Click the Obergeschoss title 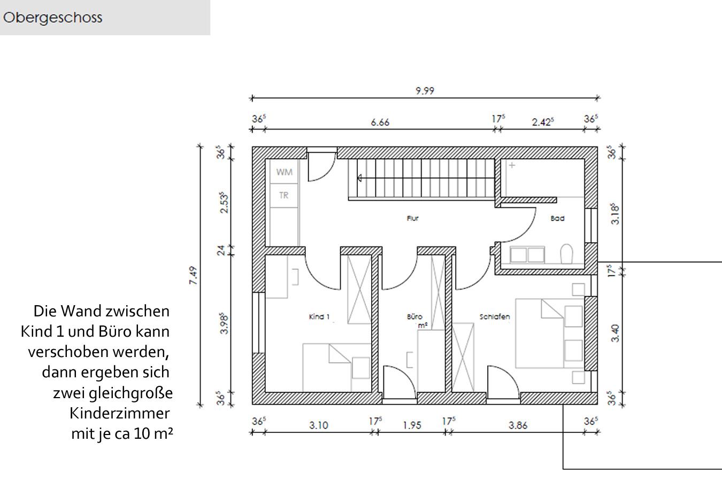[52, 18]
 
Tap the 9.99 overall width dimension [425, 91]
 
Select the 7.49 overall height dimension [193, 276]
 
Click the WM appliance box [284, 172]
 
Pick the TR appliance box [284, 196]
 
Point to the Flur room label [412, 218]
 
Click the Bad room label [557, 218]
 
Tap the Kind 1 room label [319, 317]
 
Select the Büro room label [414, 317]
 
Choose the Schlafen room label [495, 317]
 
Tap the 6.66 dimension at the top [380, 122]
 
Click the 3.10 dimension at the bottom [319, 425]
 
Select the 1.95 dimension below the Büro [412, 425]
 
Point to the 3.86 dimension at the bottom [518, 425]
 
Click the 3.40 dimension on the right [616, 333]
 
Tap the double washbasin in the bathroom [527, 254]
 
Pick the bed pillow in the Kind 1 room [360, 368]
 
